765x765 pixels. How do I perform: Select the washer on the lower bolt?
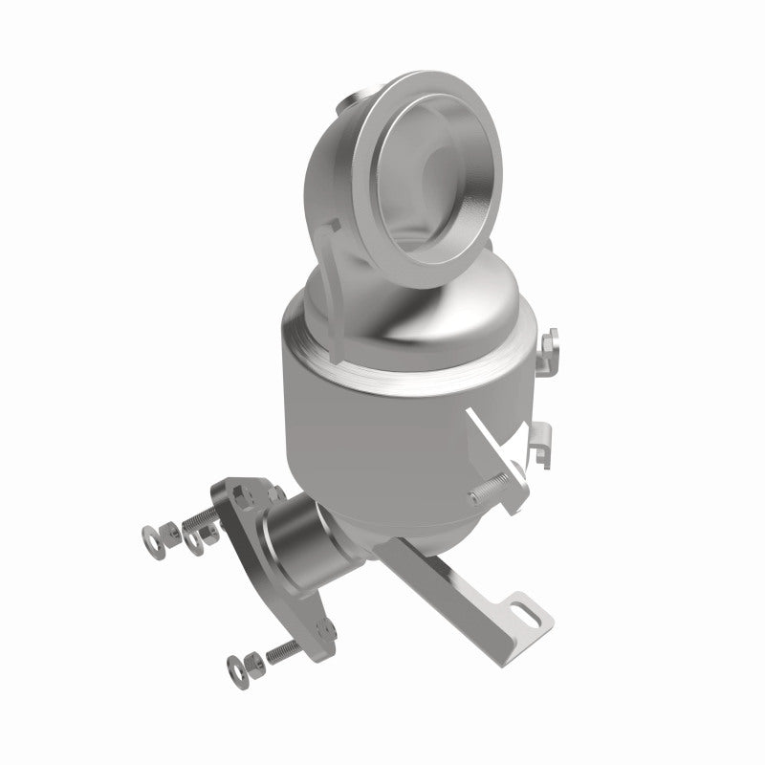click(234, 663)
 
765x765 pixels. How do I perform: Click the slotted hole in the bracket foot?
click(523, 607)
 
